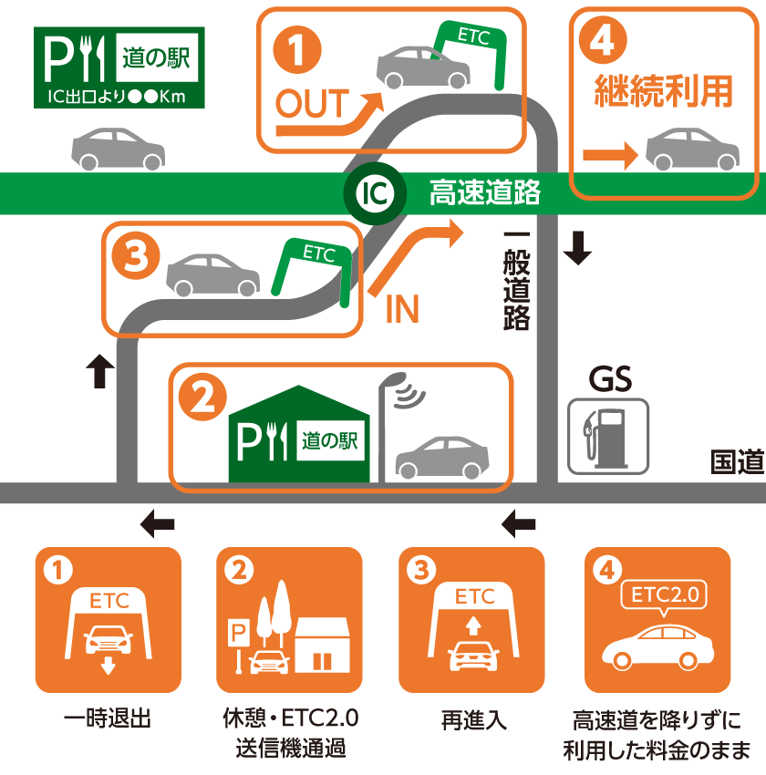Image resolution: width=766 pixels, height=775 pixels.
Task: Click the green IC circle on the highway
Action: tap(369, 192)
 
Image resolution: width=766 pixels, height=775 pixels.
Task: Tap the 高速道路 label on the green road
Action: tap(485, 192)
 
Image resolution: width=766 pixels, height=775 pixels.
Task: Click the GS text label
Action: tap(609, 379)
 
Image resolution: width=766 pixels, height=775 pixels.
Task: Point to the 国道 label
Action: tap(737, 462)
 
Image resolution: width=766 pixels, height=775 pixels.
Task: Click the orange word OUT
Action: tap(312, 105)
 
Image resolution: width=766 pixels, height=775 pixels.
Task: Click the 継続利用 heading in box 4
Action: tap(664, 91)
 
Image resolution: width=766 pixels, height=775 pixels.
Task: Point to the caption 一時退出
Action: tap(107, 719)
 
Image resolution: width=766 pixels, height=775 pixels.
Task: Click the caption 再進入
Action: tap(471, 719)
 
